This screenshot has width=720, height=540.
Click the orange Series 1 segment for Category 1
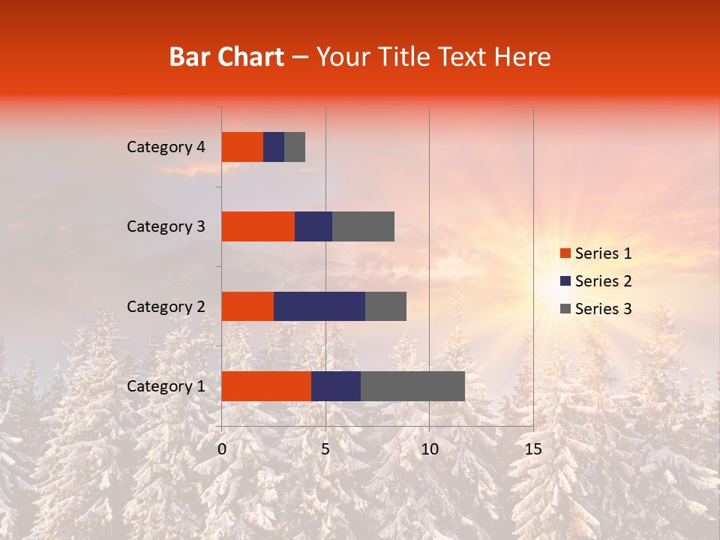click(266, 386)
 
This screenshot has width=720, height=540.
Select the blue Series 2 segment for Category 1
click(336, 386)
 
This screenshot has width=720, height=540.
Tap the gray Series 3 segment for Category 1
click(412, 386)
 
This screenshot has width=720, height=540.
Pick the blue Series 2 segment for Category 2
click(319, 306)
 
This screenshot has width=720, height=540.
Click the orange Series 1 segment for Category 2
click(247, 306)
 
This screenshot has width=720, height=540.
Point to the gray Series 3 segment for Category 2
click(385, 306)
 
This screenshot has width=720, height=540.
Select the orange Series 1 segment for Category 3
click(258, 226)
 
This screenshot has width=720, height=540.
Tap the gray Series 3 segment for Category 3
click(363, 226)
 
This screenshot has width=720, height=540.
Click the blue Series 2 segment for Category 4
click(274, 147)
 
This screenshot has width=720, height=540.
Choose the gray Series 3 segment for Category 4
click(295, 147)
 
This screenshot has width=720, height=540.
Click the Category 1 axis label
click(165, 386)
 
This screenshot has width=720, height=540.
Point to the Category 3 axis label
click(165, 226)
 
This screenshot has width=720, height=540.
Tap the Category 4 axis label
click(165, 147)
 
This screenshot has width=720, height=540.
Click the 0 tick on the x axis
click(222, 449)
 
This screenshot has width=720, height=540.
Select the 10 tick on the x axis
click(429, 449)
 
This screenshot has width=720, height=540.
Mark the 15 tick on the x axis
click(533, 449)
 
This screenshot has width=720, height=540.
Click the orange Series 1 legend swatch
click(565, 253)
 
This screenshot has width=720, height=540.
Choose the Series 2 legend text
click(603, 281)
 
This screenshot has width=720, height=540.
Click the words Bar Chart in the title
click(226, 57)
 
